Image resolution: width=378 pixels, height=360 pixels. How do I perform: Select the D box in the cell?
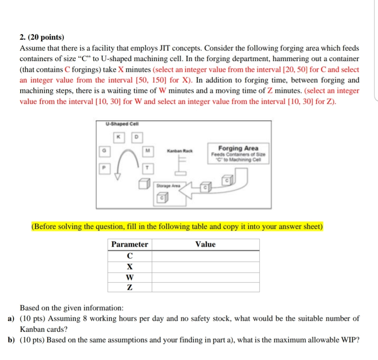pyautogui.click(x=136, y=137)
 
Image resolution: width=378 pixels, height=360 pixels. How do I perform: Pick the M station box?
pyautogui.click(x=147, y=151)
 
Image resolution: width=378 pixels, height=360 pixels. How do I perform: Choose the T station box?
pyautogui.click(x=147, y=167)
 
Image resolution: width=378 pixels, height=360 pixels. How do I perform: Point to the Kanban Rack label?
pyautogui.click(x=180, y=151)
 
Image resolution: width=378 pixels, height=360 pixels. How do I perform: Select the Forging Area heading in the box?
pyautogui.click(x=238, y=148)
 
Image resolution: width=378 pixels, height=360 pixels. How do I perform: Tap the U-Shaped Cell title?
pyautogui.click(x=117, y=124)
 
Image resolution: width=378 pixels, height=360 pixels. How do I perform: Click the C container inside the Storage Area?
pyautogui.click(x=162, y=199)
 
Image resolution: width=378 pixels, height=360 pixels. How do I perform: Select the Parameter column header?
pyautogui.click(x=130, y=244)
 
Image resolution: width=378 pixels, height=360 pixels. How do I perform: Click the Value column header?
pyautogui.click(x=205, y=244)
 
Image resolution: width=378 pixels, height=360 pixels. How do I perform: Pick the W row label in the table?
pyautogui.click(x=130, y=277)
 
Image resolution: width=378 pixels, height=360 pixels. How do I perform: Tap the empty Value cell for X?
pyautogui.click(x=205, y=267)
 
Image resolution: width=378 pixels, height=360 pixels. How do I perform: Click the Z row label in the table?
pyautogui.click(x=130, y=288)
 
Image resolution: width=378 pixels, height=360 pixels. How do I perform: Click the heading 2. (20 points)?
pyautogui.click(x=42, y=37)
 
